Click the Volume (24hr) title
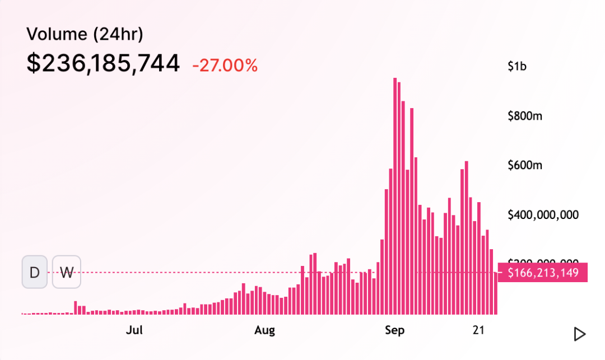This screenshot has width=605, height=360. coord(85,35)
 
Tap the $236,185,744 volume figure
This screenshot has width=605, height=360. coord(103,63)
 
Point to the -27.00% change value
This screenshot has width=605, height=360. coord(225,65)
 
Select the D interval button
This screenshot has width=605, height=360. coord(35,272)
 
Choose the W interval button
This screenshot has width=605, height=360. coord(67,272)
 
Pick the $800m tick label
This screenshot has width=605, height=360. coord(524,116)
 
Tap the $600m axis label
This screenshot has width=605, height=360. coord(524,165)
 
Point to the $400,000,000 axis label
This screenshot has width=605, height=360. coord(542,214)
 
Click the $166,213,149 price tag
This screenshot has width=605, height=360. coord(542,273)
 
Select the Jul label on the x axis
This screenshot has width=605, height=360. coord(134,330)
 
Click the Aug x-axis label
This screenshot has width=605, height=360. coord(264,330)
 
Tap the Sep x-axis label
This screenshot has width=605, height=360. coord(394,330)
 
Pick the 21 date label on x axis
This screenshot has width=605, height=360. coord(478,330)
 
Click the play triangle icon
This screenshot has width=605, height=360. coord(580,334)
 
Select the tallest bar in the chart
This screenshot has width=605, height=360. coord(395,196)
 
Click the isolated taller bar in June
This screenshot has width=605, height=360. coord(76,307)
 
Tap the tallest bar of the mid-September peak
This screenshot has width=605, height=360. coord(466,238)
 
